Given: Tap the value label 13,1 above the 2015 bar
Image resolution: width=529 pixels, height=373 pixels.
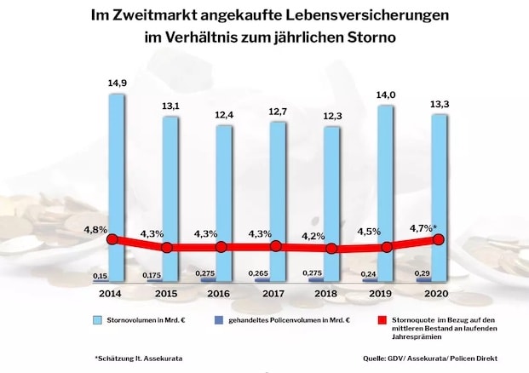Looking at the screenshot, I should click(170, 106).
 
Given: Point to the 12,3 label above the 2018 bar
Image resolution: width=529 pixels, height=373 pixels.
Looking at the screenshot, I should click(333, 115).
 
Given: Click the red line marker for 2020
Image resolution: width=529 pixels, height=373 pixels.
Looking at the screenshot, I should click(440, 240).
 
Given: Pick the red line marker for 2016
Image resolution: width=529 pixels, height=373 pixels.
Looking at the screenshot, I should click(221, 247).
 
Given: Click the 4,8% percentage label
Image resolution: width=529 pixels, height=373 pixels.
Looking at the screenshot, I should click(95, 229).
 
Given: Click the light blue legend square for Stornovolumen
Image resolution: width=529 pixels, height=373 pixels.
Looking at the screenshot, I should click(99, 320).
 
